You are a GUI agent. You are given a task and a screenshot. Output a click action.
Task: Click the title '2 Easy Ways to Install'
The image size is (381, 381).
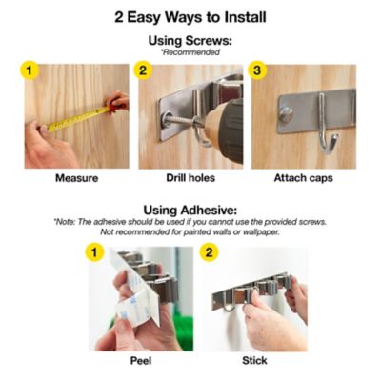pyautogui.click(x=190, y=16)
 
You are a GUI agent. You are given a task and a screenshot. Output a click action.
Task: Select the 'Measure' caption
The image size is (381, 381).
pyautogui.click(x=77, y=177)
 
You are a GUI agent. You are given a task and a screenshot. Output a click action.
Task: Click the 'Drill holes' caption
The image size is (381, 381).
pyautogui.click(x=190, y=177)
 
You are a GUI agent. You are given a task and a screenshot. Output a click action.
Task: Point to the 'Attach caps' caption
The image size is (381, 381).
pyautogui.click(x=303, y=177)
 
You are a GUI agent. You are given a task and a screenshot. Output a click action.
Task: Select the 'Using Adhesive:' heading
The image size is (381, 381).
pyautogui.click(x=190, y=210)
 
